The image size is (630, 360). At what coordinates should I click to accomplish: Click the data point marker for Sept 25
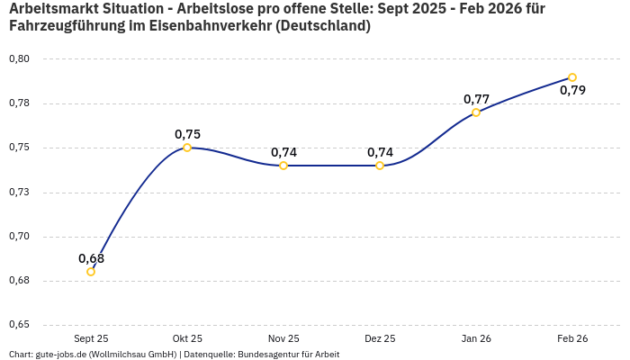91,272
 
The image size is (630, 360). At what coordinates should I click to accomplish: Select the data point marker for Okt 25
187,148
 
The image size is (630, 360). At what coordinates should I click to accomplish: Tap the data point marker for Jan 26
476,112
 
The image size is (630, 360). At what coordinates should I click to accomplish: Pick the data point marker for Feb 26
572,77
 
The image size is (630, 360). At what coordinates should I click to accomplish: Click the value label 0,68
91,258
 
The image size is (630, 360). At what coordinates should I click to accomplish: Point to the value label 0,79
572,90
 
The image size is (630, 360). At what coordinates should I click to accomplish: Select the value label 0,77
476,99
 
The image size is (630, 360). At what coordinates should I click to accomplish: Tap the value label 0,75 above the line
187,134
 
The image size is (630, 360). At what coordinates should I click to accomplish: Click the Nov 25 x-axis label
283,338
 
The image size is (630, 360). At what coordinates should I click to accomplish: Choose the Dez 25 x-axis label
380,338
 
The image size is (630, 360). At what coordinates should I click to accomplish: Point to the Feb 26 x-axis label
572,338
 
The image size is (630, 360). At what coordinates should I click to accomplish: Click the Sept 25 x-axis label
91,338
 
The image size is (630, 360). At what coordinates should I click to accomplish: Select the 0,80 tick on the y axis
19,59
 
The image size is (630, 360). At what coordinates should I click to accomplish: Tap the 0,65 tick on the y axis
19,325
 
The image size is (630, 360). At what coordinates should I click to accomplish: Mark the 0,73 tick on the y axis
19,192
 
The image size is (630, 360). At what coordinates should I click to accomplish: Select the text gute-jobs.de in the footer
64,354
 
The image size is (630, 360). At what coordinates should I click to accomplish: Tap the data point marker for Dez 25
380,166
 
